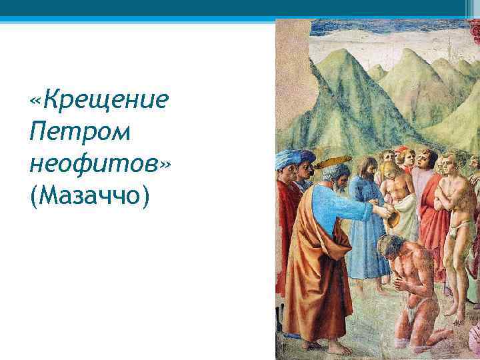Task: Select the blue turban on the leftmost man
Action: coord(289,159)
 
